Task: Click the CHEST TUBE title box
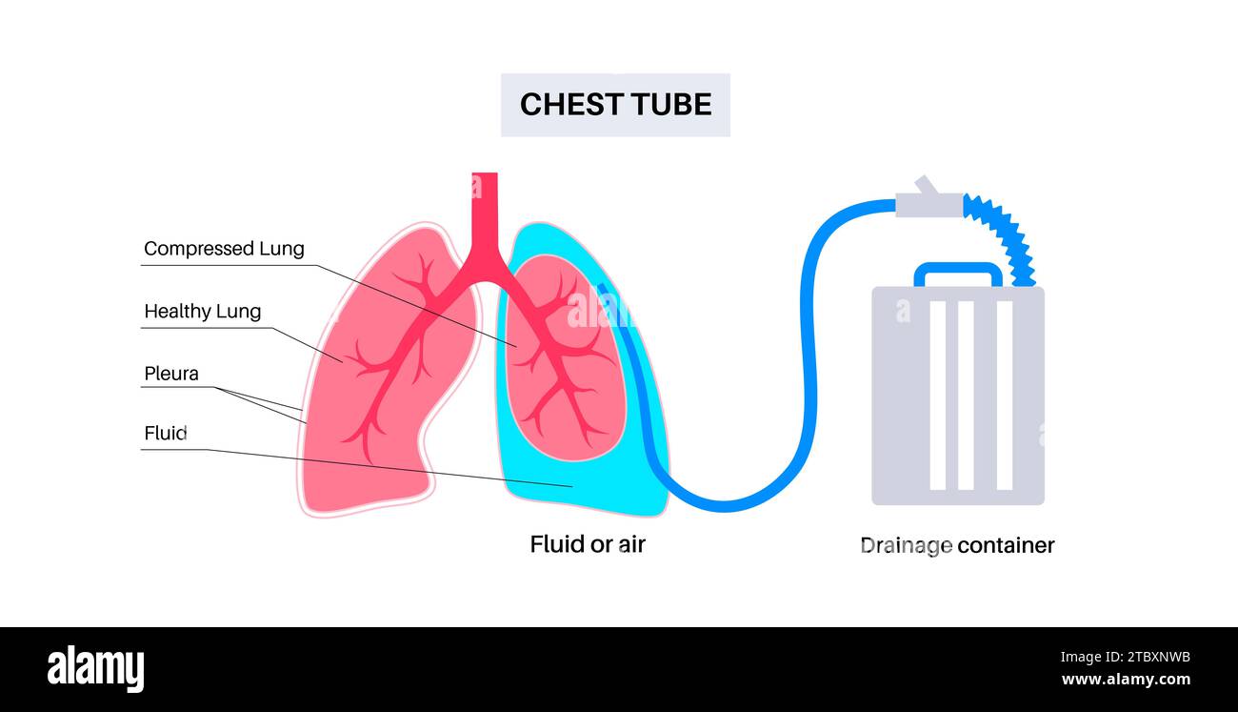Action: coord(615,105)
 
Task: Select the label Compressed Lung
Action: coord(224,249)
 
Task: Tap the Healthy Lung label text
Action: coord(202,312)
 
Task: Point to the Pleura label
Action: coord(171,374)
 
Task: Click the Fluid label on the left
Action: coord(165,433)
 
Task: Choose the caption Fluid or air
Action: coord(588,544)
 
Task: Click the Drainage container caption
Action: coord(957,545)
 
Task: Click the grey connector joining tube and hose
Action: coord(928,202)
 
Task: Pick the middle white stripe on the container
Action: coord(966,396)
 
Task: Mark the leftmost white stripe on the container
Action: coord(937,396)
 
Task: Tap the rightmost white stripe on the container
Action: coord(1004,396)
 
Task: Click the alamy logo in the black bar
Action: coord(95,668)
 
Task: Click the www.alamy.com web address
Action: coord(1125,681)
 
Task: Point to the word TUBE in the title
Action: coord(671,105)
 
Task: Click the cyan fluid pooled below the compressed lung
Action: coord(571,481)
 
